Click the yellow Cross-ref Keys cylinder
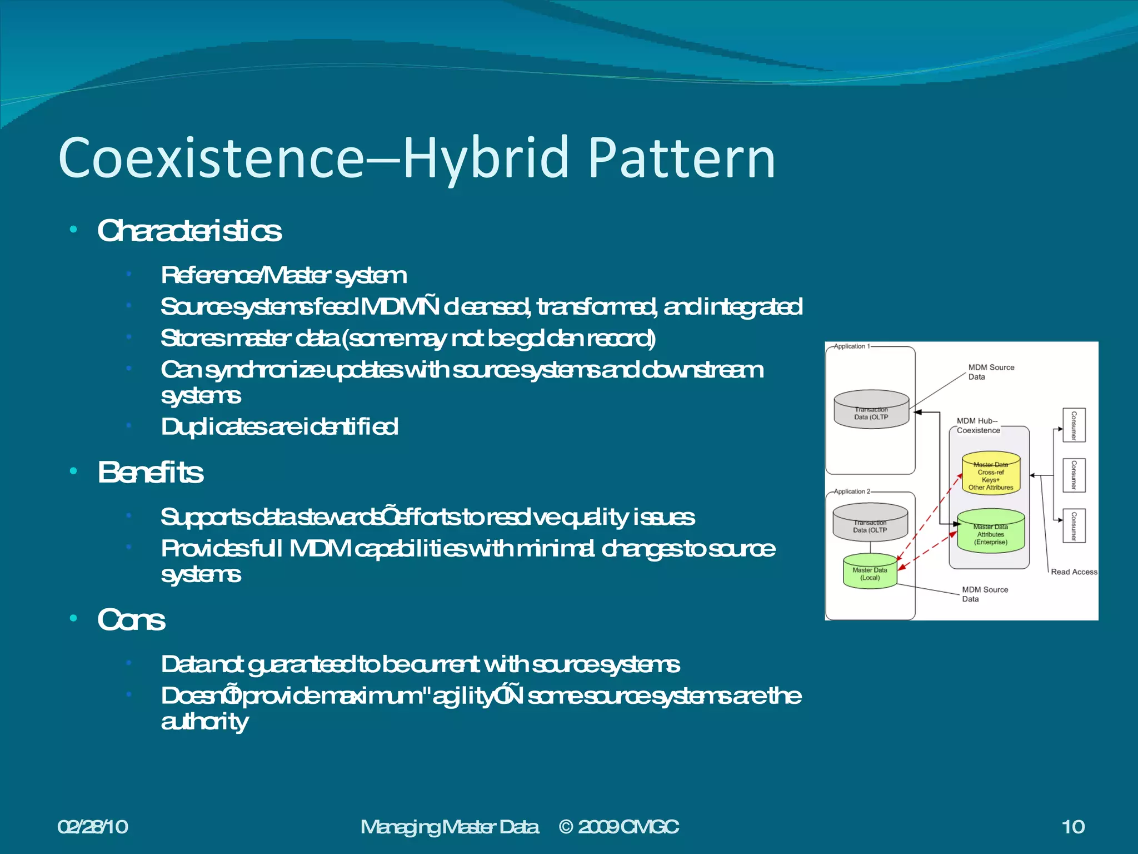click(991, 473)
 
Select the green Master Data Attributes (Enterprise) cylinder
click(991, 532)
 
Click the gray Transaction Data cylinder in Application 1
click(871, 410)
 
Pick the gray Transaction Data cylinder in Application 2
click(870, 523)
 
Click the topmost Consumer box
click(1074, 425)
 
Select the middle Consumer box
click(1074, 475)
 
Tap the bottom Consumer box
click(1074, 526)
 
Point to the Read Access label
click(1074, 572)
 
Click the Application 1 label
click(850, 346)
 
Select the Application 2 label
click(850, 491)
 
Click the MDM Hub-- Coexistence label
click(978, 426)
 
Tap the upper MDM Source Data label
click(991, 372)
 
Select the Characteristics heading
click(189, 231)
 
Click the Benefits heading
click(151, 473)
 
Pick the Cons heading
click(131, 620)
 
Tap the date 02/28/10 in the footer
click(93, 827)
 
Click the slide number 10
click(1073, 827)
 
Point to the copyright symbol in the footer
click(566, 827)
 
